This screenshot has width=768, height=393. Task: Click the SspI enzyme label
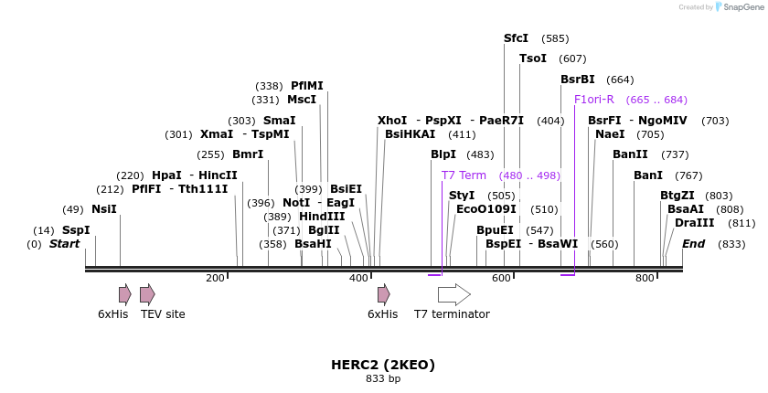coord(76,230)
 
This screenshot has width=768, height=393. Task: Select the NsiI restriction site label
coord(104,209)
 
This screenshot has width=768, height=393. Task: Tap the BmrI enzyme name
coord(248,154)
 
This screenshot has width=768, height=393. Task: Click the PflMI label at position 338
coord(307,86)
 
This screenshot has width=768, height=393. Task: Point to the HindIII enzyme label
coord(322,217)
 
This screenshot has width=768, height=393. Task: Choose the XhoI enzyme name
coord(392,121)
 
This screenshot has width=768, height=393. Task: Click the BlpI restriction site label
coord(443,154)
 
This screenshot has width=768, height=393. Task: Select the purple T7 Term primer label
coord(464,175)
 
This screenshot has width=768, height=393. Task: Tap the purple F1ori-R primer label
coord(594,100)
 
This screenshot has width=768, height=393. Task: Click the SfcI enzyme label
coord(517,38)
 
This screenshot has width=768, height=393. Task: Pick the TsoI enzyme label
coord(533,58)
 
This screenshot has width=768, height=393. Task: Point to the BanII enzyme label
coord(630,154)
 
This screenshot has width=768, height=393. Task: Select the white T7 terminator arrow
coord(453,294)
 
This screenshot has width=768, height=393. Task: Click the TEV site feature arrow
coord(147,294)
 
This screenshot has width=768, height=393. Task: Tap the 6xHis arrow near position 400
coord(384,294)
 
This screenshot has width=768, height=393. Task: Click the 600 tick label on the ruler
coord(502,278)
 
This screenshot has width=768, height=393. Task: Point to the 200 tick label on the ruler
coord(216,278)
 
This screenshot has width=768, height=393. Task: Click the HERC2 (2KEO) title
coord(383,365)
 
